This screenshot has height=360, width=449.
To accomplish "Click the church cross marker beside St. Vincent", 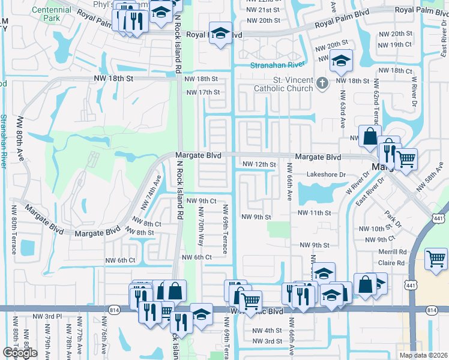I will click(x=323, y=83).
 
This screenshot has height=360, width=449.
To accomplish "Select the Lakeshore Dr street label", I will click(x=327, y=175).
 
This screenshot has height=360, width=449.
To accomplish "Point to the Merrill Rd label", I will click(x=393, y=252).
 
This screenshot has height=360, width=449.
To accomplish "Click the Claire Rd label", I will click(x=393, y=263).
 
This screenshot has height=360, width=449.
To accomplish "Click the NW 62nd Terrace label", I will click(x=376, y=102).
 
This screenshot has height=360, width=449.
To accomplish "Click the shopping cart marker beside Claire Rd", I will click(x=435, y=259).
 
